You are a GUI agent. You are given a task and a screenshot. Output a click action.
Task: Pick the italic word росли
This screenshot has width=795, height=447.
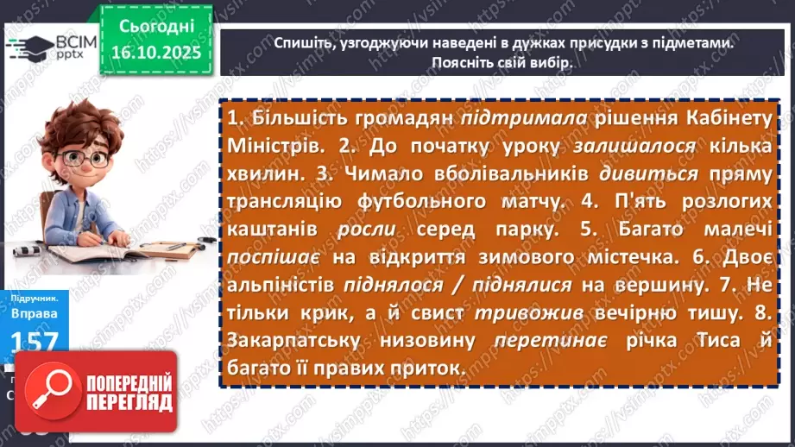click(366, 230)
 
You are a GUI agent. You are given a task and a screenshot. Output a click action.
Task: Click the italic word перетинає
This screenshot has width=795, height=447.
click(545, 340)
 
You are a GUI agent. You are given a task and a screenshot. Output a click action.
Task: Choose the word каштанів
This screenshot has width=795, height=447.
click(272, 230)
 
